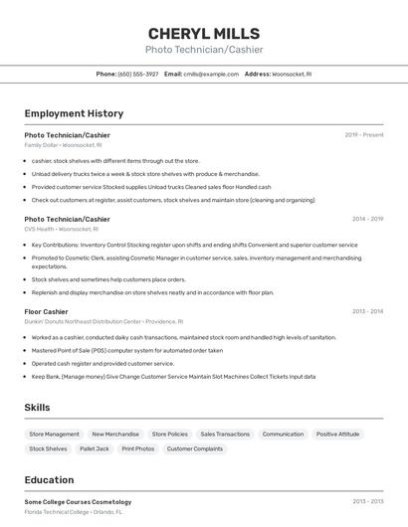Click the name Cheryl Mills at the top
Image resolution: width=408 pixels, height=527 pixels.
tap(203, 33)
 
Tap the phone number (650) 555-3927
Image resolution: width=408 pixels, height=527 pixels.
tap(138, 74)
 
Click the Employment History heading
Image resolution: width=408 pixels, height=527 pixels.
tap(74, 113)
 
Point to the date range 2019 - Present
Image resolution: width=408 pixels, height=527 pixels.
tap(364, 134)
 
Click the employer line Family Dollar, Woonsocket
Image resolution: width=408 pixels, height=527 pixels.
tap(62, 145)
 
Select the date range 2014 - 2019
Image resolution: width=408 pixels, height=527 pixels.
tap(367, 219)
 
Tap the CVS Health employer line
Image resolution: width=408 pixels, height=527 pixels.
tap(61, 229)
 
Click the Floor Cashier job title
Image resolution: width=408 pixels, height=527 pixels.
tap(46, 311)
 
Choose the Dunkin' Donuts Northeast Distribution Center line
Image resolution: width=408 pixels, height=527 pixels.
tap(103, 321)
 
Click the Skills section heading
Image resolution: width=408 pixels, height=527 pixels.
tap(38, 408)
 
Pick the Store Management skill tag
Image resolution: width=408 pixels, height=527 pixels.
tap(54, 434)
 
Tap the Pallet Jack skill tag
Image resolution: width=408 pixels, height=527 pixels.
tap(95, 448)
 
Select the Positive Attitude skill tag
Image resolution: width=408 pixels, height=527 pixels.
tap(337, 434)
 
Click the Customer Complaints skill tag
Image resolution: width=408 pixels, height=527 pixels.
tap(195, 448)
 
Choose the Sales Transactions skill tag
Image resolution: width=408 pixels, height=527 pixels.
tap(225, 434)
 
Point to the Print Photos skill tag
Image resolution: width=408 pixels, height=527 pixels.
tap(138, 448)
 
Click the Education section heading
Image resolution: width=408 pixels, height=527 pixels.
tap(49, 480)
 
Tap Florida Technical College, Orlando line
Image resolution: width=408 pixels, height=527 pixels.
tap(73, 511)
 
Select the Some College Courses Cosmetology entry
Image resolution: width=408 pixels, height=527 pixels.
tap(78, 501)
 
